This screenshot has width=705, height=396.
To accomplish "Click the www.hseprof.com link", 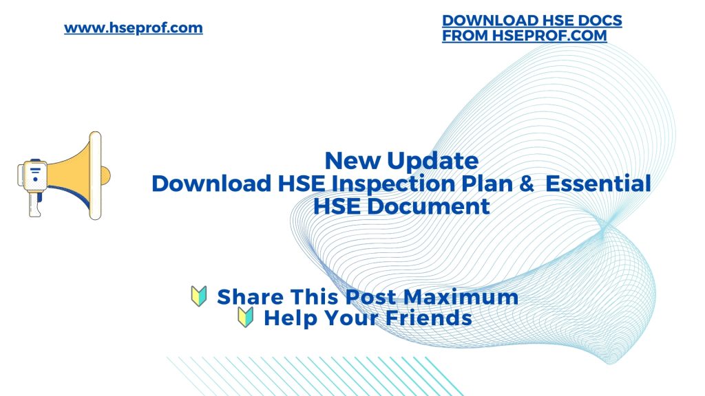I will pyautogui.click(x=134, y=28).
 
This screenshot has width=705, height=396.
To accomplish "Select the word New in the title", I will pyautogui.click(x=352, y=161).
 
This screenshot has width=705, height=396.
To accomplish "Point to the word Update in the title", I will pyautogui.click(x=432, y=161).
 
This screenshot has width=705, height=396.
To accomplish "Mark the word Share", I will pyautogui.click(x=249, y=297).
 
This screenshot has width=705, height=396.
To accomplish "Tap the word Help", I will pyautogui.click(x=290, y=319).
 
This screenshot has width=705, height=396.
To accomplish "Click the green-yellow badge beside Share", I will pyautogui.click(x=199, y=297).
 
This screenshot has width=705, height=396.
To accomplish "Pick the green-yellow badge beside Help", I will pyautogui.click(x=246, y=318).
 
